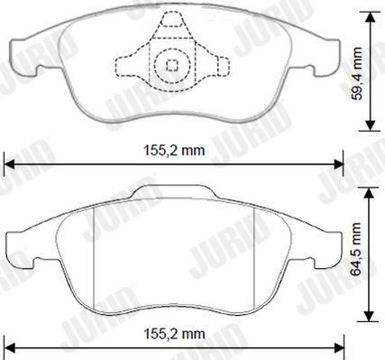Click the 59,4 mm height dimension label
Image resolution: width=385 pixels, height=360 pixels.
(x=358, y=74)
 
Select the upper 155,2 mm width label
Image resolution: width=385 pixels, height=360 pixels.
(x=174, y=150)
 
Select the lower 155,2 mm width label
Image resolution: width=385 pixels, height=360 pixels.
(x=174, y=334)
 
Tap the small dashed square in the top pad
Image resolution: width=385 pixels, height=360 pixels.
(x=172, y=65)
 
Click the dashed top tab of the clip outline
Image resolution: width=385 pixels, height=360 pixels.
(x=172, y=19)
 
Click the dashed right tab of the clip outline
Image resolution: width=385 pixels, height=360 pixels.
(x=223, y=67)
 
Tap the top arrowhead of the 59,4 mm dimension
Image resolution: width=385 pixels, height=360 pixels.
(x=371, y=18)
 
